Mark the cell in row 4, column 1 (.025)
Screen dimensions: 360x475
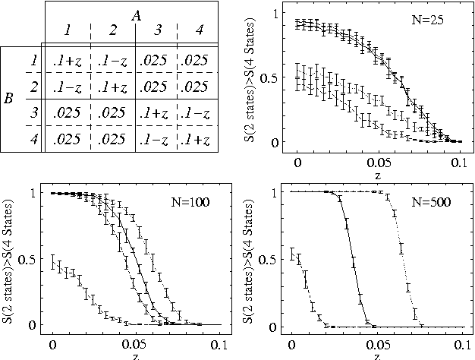(x=66, y=140)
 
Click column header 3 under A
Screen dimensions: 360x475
(x=156, y=32)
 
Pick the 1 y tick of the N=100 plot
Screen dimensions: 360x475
(x=34, y=193)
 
